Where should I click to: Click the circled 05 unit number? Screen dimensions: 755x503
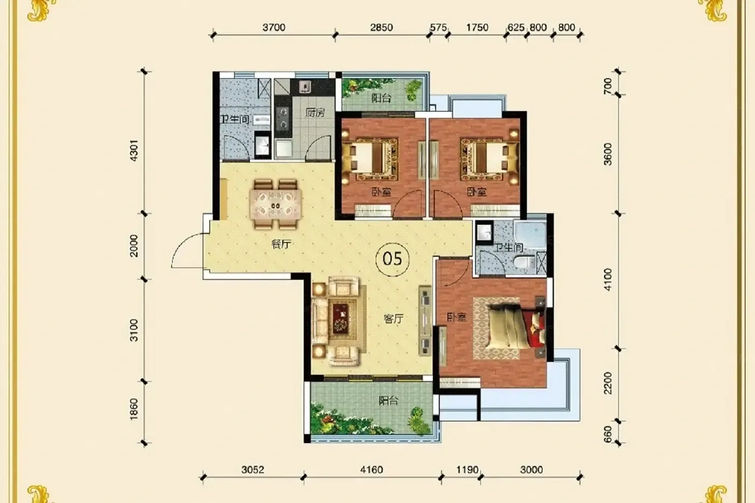393,259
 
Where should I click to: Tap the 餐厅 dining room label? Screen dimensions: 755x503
281,244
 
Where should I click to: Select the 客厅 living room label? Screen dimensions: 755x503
393,319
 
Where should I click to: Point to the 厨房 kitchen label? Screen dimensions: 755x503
315,112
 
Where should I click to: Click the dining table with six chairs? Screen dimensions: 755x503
276,204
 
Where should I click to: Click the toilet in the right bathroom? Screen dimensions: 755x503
524,262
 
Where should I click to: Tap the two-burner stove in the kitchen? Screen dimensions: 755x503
283,118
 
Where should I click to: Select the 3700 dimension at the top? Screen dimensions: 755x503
274,27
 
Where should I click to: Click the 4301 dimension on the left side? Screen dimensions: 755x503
134,150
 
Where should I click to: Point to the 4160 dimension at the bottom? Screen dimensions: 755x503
372,470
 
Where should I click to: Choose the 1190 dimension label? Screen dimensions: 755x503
467,470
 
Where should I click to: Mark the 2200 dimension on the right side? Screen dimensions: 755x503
608,383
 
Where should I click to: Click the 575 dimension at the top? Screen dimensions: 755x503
438,27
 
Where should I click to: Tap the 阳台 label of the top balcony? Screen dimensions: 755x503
381,98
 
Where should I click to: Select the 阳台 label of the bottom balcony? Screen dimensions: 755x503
388,401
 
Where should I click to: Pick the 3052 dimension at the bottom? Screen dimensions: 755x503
252,470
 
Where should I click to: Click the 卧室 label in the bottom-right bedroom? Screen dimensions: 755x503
457,316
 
